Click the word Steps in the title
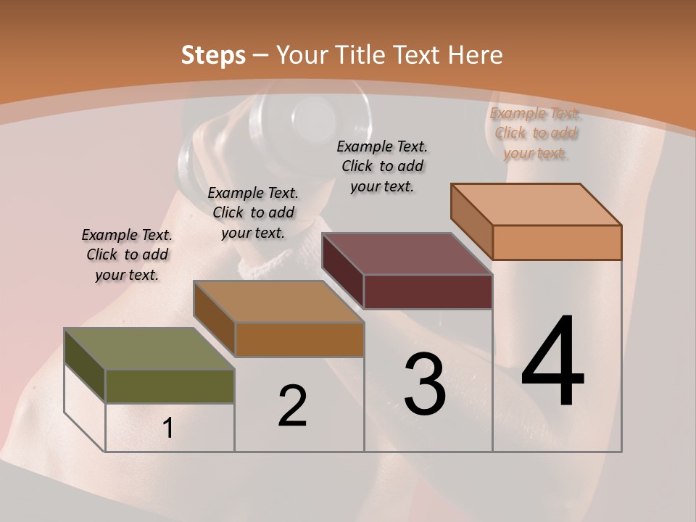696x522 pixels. tap(213, 55)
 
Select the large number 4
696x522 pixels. tap(553, 362)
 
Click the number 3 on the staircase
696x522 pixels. tap(425, 384)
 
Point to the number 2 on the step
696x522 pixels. tap(292, 406)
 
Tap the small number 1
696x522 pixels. tap(168, 428)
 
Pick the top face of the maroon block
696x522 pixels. tap(407, 254)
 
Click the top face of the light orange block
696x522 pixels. tap(536, 204)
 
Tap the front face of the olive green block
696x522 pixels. tap(170, 386)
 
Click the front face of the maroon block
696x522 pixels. tap(428, 291)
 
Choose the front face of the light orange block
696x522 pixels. tap(557, 242)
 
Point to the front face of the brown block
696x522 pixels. tap(299, 339)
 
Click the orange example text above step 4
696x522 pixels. tap(536, 133)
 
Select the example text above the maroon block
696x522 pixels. tap(382, 166)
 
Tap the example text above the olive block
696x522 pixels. tap(127, 254)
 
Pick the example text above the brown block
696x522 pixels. tap(253, 212)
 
